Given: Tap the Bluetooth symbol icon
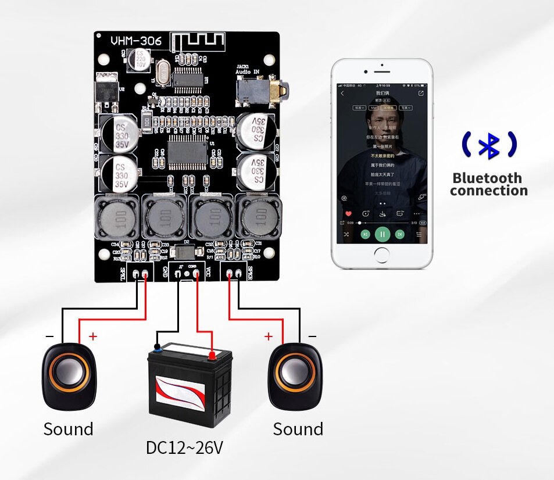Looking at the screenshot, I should [x=488, y=145].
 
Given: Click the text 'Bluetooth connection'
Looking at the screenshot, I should [x=488, y=184].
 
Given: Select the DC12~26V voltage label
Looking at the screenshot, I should [x=184, y=448].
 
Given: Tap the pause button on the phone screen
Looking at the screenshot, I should [x=382, y=234].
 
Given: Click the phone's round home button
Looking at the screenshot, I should [x=382, y=255].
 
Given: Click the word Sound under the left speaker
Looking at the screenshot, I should [x=69, y=429].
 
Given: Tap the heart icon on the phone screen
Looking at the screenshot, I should [x=349, y=214].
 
